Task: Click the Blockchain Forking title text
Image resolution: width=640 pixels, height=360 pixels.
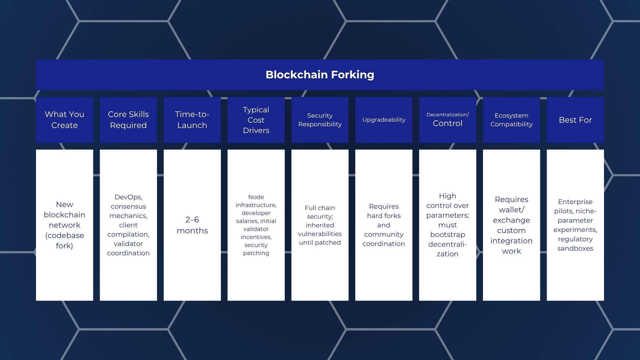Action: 320,75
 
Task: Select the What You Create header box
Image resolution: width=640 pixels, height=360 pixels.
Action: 64,120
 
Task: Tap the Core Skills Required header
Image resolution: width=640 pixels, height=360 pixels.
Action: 128,120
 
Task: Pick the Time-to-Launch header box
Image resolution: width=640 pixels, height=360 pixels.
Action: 192,120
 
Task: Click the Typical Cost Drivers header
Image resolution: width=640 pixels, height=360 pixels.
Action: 256,120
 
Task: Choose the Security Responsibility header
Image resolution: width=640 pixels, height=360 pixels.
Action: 320,120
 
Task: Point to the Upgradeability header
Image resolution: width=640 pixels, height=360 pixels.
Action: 384,120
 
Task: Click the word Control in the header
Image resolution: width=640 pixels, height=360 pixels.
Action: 447,123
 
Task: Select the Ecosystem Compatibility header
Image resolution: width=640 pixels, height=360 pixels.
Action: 511,120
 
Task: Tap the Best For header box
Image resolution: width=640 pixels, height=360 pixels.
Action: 575,120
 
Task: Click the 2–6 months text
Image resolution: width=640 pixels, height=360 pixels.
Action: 192,225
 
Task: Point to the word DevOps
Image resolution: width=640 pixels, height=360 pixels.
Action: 128,197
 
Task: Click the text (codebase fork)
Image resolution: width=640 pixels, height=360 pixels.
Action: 64,240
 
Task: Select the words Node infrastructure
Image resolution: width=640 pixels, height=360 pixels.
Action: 256,201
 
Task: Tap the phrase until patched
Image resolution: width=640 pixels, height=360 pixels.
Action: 320,243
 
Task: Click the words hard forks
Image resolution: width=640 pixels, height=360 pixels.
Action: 384,216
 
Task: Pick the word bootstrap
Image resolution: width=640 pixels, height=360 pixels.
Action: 447,235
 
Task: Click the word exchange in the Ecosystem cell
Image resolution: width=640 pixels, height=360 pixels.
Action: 511,220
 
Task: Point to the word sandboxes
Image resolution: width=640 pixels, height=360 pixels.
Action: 575,248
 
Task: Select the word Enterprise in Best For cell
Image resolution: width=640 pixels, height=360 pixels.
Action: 575,202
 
